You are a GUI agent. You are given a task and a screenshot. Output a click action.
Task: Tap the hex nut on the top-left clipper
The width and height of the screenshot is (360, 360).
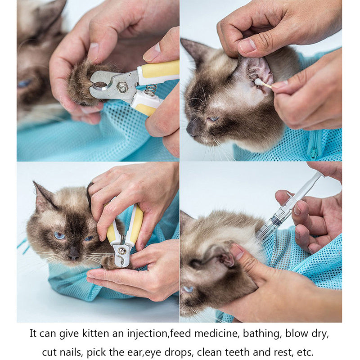click(122, 87)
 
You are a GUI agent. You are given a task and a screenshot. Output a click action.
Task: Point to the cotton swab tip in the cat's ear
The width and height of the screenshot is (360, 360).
click(259, 82)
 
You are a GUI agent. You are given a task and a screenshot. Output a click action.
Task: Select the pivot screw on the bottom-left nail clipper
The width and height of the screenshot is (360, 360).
click(122, 251)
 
